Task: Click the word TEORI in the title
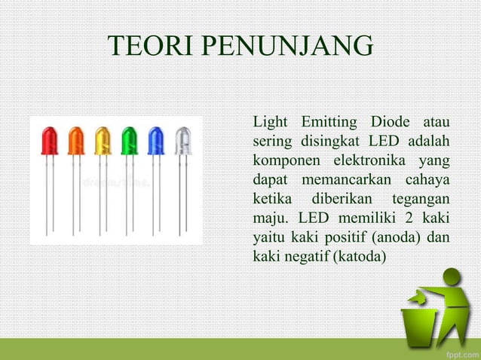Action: click(x=149, y=46)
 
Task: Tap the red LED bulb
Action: click(x=50, y=140)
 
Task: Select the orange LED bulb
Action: click(x=76, y=140)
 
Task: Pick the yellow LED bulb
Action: click(x=103, y=140)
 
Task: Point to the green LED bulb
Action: click(x=130, y=140)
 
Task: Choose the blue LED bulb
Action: click(x=156, y=140)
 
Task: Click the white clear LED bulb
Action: click(x=183, y=140)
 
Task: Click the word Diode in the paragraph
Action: click(x=390, y=122)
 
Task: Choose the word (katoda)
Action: click(x=357, y=258)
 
